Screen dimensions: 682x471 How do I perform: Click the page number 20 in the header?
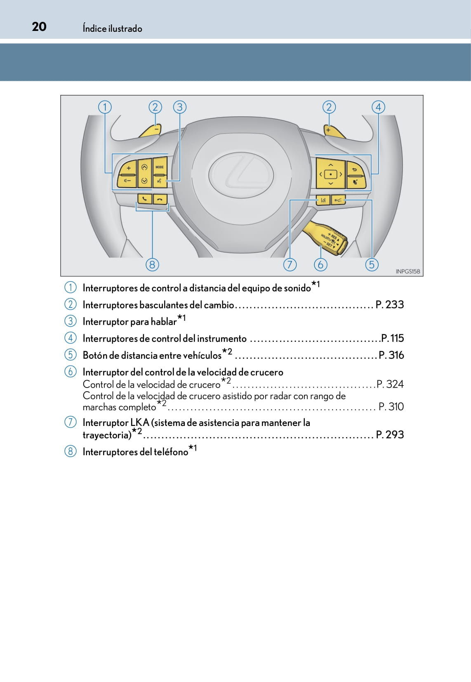(39, 27)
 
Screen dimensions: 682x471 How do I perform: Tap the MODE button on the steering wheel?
(160, 167)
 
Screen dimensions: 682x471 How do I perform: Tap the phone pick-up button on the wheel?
(144, 199)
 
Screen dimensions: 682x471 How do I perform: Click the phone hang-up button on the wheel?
(160, 199)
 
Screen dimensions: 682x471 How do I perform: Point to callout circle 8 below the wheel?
(152, 264)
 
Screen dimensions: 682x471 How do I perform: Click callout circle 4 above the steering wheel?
(378, 107)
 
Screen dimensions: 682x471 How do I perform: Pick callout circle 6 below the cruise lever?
(320, 264)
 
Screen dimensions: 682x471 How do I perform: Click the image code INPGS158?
(407, 271)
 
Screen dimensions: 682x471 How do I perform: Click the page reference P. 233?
(390, 305)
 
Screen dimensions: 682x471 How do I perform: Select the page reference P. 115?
(393, 339)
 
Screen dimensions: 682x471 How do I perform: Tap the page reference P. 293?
(390, 435)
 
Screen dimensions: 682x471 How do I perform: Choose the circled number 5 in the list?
(71, 355)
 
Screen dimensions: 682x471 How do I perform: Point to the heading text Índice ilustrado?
(112, 28)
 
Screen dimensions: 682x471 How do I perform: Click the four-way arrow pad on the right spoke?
(330, 174)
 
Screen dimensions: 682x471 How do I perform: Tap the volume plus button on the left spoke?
(128, 168)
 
